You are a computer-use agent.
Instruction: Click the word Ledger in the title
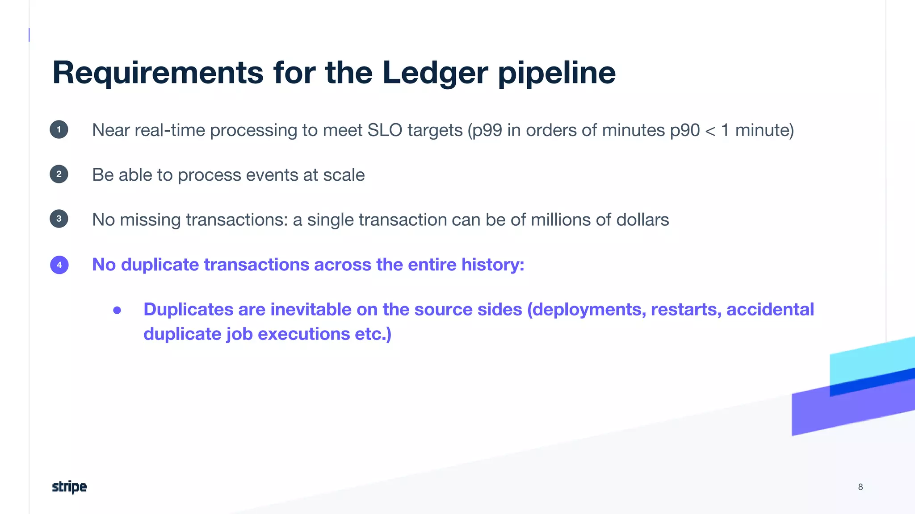[435, 73]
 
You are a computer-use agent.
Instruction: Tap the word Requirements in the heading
[158, 73]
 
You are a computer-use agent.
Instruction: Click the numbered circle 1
[59, 130]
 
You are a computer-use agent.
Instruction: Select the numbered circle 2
[59, 174]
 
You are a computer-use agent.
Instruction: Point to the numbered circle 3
[59, 219]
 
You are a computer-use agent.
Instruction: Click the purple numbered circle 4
[59, 265]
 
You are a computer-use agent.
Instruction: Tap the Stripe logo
[69, 487]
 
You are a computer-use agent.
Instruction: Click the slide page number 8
[860, 487]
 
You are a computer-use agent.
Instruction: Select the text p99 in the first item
[487, 131]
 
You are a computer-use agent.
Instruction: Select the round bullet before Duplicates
[117, 310]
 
